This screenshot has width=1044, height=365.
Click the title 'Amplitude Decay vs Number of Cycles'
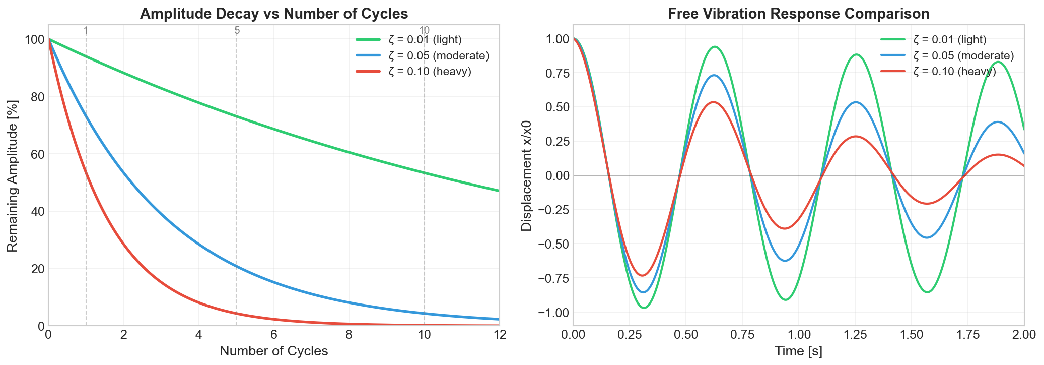(273, 14)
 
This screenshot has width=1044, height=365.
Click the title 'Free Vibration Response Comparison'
(798, 14)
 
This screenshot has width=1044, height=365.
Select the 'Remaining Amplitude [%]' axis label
(13, 175)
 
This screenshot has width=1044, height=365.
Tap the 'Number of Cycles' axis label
(273, 351)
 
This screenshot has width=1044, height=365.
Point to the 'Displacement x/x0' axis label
(527, 175)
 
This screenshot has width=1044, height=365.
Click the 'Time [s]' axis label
(798, 351)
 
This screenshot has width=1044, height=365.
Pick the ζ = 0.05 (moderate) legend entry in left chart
(439, 55)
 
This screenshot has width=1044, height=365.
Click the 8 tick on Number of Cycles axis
(349, 335)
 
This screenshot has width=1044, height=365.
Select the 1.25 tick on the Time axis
(855, 335)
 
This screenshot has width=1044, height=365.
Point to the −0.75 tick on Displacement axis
(553, 278)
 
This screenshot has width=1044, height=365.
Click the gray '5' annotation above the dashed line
(237, 30)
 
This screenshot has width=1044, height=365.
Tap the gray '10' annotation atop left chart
(424, 30)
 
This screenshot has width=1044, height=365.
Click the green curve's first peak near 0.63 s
(715, 47)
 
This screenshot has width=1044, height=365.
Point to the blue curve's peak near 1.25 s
(856, 102)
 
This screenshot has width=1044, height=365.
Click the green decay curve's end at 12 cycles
(499, 191)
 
